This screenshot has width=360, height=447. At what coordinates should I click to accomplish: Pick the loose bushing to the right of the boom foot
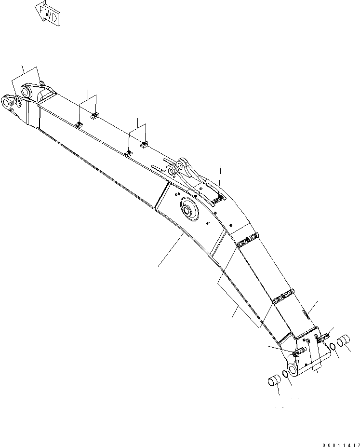(x=346, y=341)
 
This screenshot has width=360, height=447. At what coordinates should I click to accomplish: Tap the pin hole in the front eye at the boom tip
(x=7, y=101)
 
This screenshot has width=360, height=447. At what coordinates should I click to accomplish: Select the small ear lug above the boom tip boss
(x=41, y=84)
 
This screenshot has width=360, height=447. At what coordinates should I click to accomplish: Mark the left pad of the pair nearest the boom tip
(x=80, y=125)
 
